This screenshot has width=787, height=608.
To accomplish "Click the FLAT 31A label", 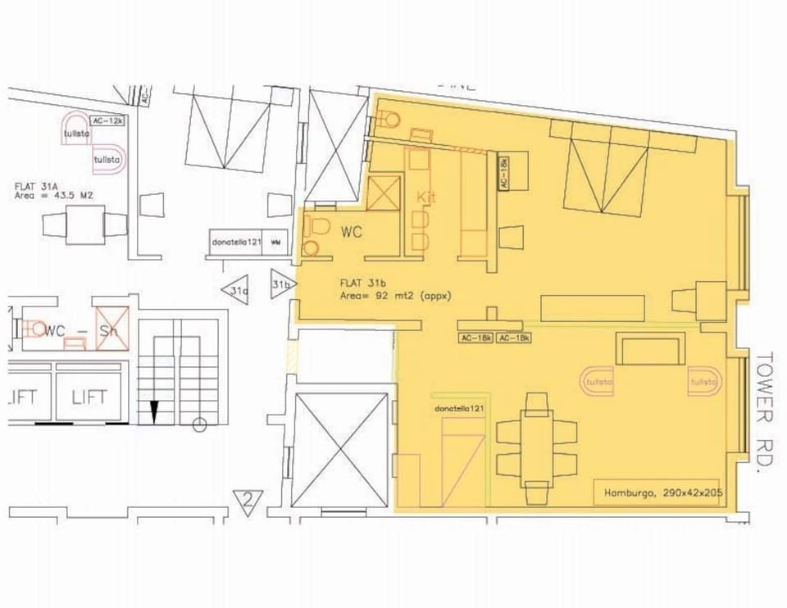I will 34,186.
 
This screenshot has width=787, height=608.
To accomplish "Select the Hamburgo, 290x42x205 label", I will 656,493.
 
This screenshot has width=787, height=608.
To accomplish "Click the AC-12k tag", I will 108,121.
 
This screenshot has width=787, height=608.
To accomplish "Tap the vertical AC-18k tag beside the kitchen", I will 504,174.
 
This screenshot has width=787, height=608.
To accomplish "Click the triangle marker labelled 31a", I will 236,290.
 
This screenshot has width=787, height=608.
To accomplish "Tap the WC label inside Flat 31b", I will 352,233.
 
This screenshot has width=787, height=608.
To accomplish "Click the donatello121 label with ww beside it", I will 238,243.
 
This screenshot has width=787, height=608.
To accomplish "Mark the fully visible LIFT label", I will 89,398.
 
